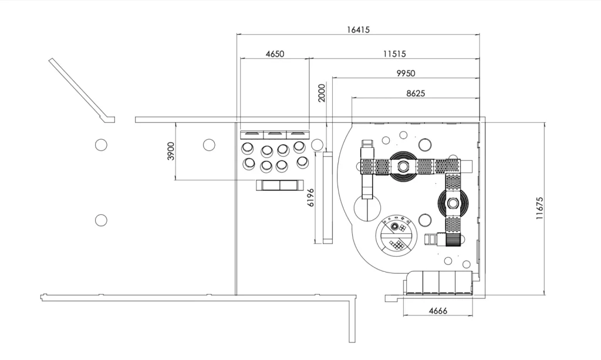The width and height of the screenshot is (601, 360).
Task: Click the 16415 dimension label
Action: (359, 29)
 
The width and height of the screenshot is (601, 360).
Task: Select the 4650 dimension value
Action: (275, 53)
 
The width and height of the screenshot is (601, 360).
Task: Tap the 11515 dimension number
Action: (394, 53)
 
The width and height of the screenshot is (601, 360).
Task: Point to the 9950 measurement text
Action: (406, 73)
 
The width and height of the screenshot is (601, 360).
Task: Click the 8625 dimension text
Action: (416, 93)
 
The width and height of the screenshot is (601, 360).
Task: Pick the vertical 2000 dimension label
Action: (322, 93)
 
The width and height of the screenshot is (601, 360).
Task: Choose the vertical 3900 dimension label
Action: (171, 151)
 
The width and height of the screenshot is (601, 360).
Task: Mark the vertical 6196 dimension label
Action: (310, 197)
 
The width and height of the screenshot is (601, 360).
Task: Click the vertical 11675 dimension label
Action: (540, 208)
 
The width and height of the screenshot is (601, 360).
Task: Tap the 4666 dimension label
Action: (438, 311)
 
